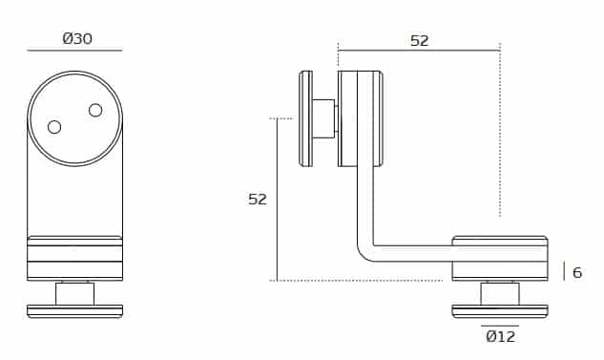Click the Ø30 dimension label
(x=77, y=39)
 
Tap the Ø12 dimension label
(x=500, y=337)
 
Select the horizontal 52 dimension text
(x=419, y=41)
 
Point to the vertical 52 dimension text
(x=258, y=200)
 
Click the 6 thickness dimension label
(x=576, y=273)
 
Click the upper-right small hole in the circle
(x=95, y=110)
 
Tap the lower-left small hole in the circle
(x=54, y=127)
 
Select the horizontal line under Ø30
(x=74, y=50)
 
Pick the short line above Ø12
(x=500, y=326)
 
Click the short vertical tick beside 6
(x=564, y=271)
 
